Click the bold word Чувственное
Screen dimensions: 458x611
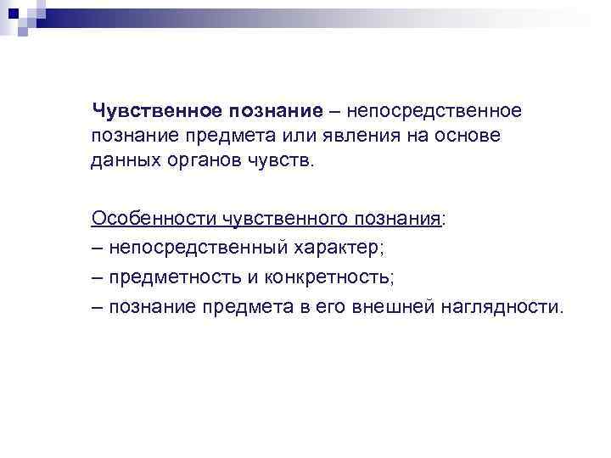pos(159,111)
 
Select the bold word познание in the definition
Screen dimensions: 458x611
pos(275,111)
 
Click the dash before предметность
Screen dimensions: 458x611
pos(98,276)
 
